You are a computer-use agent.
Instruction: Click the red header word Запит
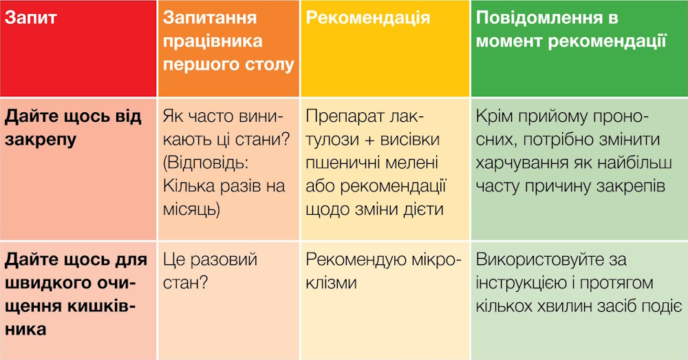[x=31, y=19]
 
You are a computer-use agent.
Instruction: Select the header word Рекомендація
[x=367, y=19]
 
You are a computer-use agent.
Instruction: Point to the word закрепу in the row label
[x=41, y=140]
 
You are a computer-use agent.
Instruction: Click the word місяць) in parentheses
[x=191, y=209]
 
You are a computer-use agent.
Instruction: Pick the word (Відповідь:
[x=206, y=163]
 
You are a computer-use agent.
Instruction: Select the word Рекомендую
[x=350, y=260]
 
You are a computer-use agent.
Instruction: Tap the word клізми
[x=331, y=283]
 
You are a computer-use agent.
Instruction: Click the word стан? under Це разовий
[x=184, y=283]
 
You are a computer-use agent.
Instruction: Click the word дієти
[x=422, y=209]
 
